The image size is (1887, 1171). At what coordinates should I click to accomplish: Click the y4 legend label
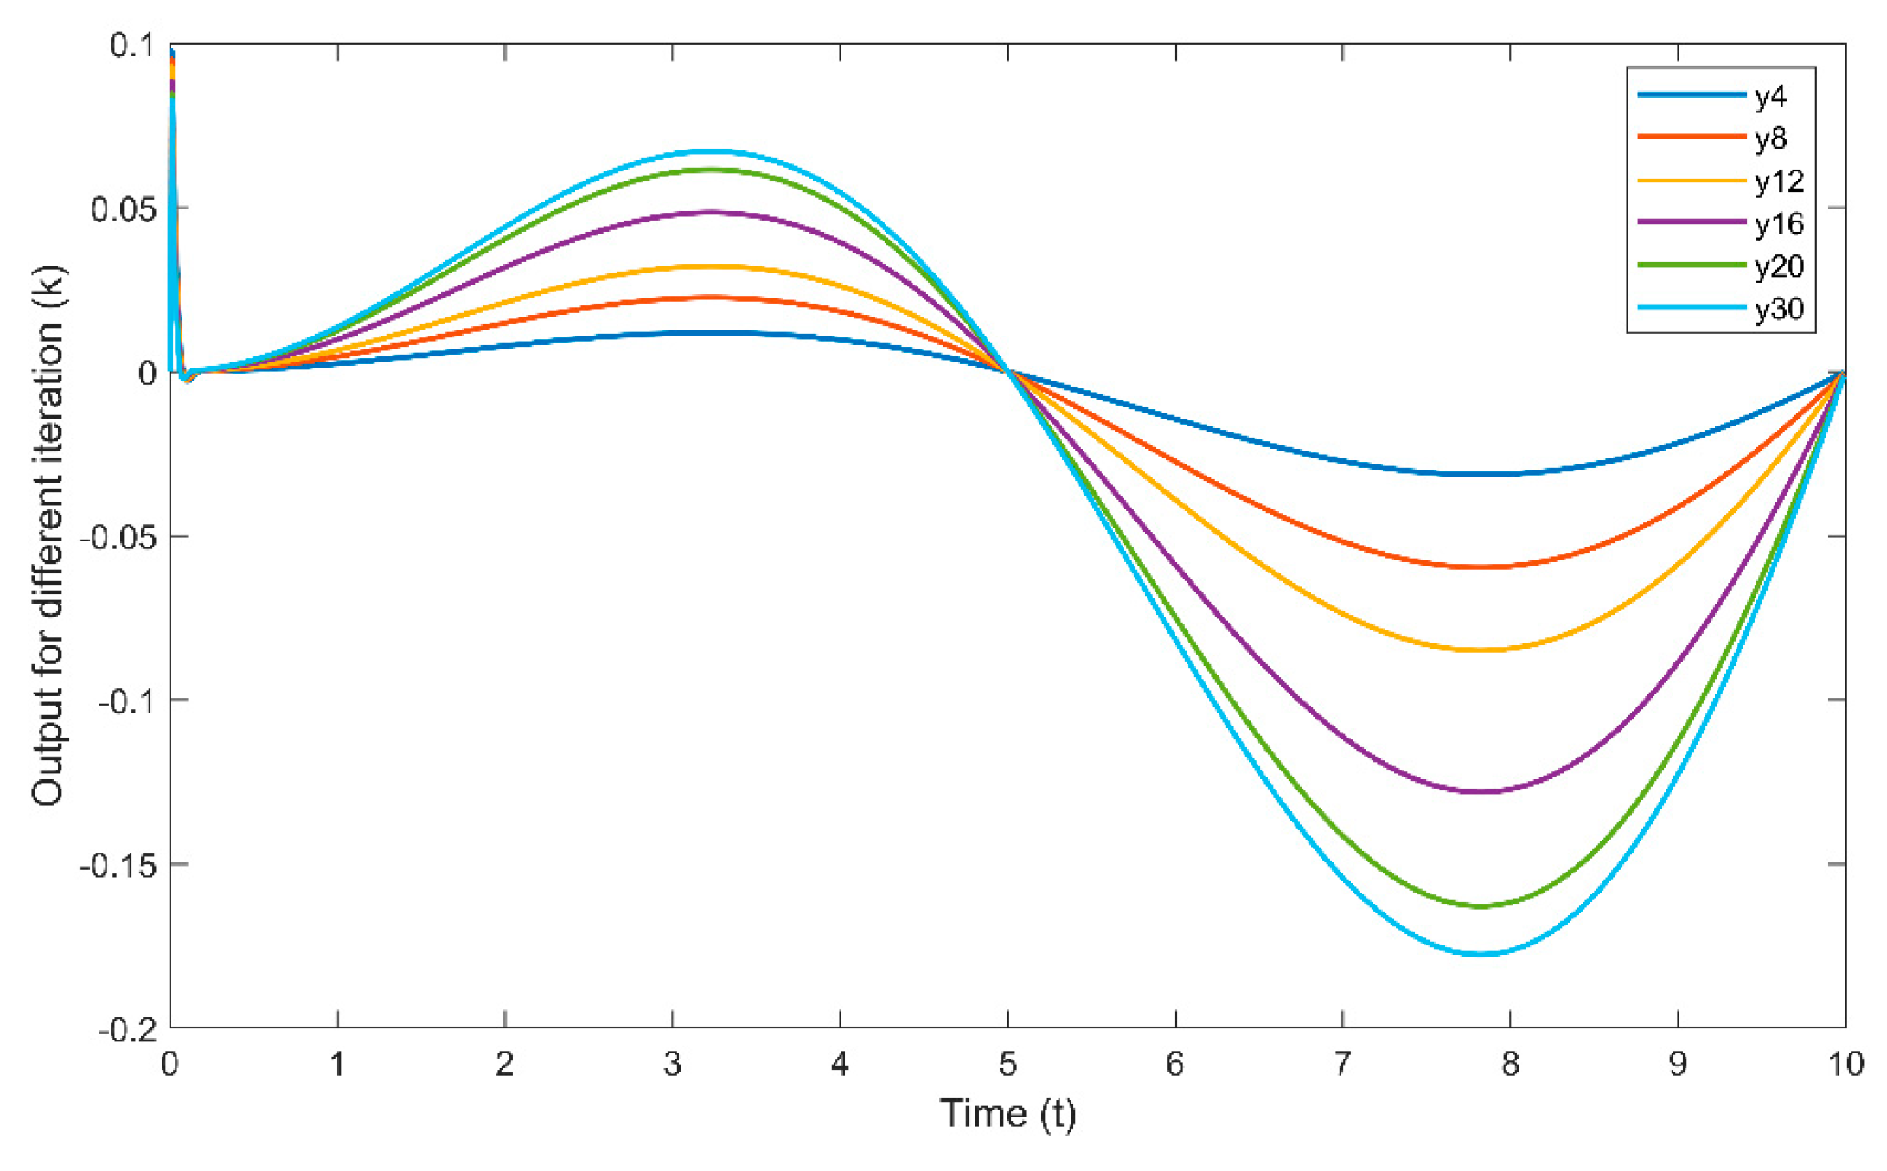(1770, 97)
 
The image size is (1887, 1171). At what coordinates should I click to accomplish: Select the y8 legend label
(1770, 138)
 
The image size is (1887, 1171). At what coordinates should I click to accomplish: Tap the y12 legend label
(1779, 181)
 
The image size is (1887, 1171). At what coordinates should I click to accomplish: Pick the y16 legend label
(1779, 224)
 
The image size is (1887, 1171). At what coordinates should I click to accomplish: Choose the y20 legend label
(1779, 266)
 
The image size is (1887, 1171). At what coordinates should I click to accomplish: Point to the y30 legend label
(1779, 309)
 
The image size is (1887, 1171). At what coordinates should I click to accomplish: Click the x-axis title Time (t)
(1007, 1114)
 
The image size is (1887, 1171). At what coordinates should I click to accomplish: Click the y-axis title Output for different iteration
(48, 536)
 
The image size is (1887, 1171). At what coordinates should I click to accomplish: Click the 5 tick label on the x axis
(1007, 1064)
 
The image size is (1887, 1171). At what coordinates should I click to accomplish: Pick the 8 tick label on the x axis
(1510, 1064)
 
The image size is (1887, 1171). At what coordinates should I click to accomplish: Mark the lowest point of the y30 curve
(1481, 954)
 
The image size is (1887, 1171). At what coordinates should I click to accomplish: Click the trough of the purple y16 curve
(1481, 791)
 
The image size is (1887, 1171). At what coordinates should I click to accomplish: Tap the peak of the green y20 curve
(711, 170)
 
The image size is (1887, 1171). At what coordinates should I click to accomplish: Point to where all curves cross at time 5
(1007, 372)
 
